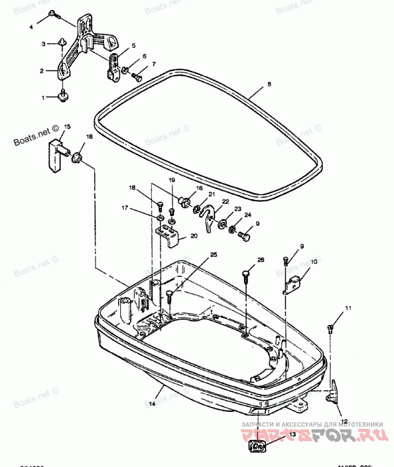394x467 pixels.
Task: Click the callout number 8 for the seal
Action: [x=268, y=85]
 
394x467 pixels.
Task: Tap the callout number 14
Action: [x=152, y=403]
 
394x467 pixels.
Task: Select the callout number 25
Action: [x=213, y=254]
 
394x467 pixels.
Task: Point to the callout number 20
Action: [x=194, y=236]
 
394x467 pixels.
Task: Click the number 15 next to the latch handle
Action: [x=67, y=126]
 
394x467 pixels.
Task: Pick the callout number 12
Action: [x=344, y=421]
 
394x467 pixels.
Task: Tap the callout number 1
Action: [x=43, y=97]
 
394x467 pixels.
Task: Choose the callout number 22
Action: [x=225, y=202]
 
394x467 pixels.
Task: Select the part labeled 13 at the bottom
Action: [x=258, y=446]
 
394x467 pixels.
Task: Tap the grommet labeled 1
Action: [x=63, y=96]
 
